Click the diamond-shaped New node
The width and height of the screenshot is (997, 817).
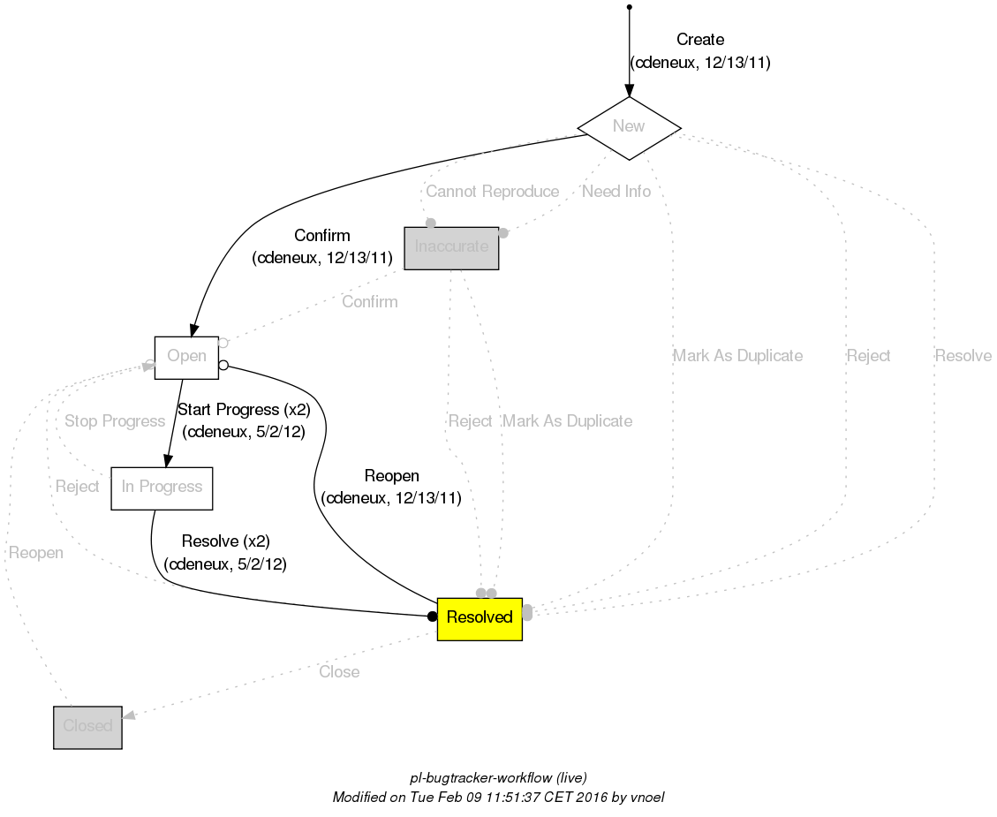pyautogui.click(x=629, y=126)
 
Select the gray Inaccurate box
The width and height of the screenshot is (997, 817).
pyautogui.click(x=451, y=247)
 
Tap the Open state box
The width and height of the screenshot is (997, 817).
pyautogui.click(x=186, y=357)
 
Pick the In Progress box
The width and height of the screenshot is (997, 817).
pyautogui.click(x=162, y=488)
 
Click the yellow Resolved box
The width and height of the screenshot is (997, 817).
pyautogui.click(x=480, y=617)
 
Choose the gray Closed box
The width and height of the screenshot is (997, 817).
pyautogui.click(x=87, y=727)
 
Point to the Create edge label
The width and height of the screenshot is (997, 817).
pyautogui.click(x=699, y=40)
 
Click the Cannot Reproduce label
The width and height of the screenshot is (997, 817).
pyautogui.click(x=492, y=192)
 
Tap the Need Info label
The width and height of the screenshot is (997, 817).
pyautogui.click(x=616, y=192)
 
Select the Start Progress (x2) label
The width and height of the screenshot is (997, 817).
pyautogui.click(x=244, y=410)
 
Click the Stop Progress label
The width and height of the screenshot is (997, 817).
pyautogui.click(x=115, y=421)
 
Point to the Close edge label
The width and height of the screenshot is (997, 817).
pyautogui.click(x=339, y=672)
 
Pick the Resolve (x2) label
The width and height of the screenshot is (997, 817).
pyautogui.click(x=225, y=541)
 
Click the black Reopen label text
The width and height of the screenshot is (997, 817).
pyautogui.click(x=391, y=477)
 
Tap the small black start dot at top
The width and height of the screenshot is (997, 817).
pyautogui.click(x=629, y=7)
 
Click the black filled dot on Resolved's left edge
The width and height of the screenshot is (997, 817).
pyautogui.click(x=432, y=616)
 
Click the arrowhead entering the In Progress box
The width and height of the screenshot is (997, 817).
pyautogui.click(x=165, y=459)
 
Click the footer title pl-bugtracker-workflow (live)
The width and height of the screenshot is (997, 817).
pyautogui.click(x=498, y=778)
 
